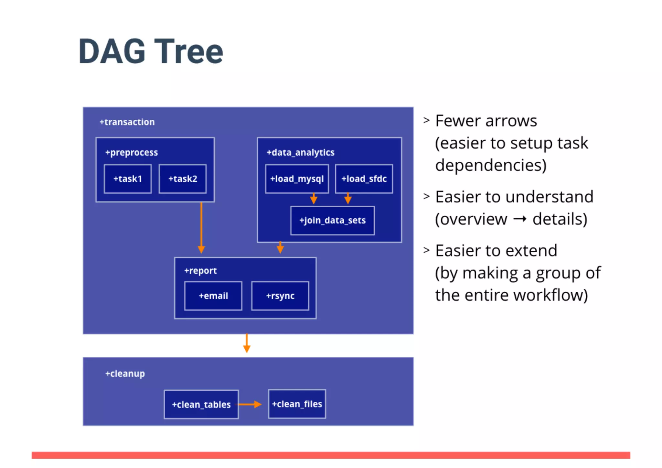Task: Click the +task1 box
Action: click(x=127, y=179)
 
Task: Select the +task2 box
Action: click(x=183, y=179)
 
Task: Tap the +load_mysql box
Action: click(x=297, y=179)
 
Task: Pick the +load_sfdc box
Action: click(x=364, y=179)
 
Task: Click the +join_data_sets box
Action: click(x=332, y=221)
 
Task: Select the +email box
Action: click(x=213, y=296)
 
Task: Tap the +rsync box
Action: click(x=280, y=296)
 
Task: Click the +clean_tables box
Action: click(x=201, y=405)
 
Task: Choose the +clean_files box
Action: click(x=297, y=404)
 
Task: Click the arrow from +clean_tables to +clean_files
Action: click(x=250, y=404)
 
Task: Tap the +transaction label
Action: click(x=127, y=122)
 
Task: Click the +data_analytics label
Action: click(x=300, y=152)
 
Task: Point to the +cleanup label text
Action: click(x=125, y=374)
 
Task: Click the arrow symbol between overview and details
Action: click(x=520, y=219)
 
